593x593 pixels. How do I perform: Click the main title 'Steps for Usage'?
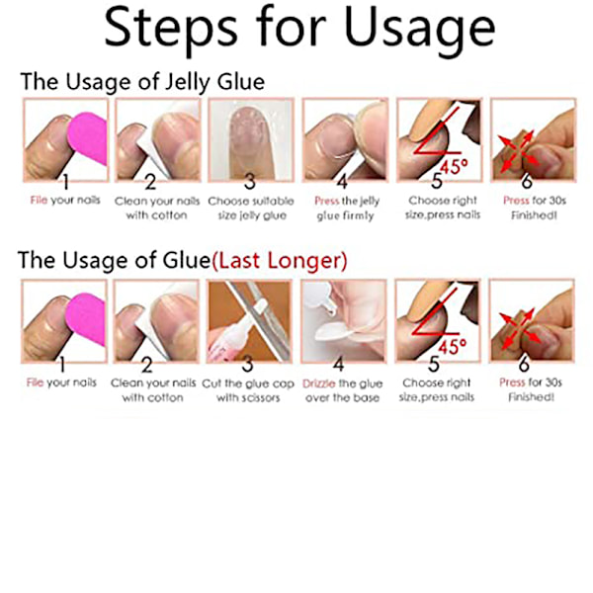[299, 31]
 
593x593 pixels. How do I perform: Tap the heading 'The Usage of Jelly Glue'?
[142, 82]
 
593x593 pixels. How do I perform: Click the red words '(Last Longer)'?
[280, 261]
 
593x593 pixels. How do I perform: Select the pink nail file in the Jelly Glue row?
[88, 138]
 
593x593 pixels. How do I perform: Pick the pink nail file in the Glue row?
[86, 319]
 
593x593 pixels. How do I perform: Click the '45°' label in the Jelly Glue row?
[455, 166]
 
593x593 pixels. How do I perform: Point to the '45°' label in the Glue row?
[453, 347]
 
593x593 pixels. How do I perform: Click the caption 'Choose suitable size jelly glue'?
[251, 208]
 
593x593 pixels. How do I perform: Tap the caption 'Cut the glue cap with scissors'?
[248, 390]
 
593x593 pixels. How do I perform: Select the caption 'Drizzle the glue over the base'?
[343, 390]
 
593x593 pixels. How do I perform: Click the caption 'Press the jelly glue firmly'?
[347, 208]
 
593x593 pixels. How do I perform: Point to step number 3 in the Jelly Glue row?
[250, 182]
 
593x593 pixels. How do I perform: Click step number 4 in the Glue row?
[338, 364]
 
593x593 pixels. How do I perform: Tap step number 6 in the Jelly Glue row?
[527, 182]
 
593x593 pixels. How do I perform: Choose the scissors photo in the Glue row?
[249, 321]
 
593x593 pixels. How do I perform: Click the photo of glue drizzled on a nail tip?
[344, 321]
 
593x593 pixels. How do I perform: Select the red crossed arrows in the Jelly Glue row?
[518, 151]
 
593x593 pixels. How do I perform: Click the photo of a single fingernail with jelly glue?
[251, 140]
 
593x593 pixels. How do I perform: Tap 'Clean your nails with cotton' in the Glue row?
[153, 390]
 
